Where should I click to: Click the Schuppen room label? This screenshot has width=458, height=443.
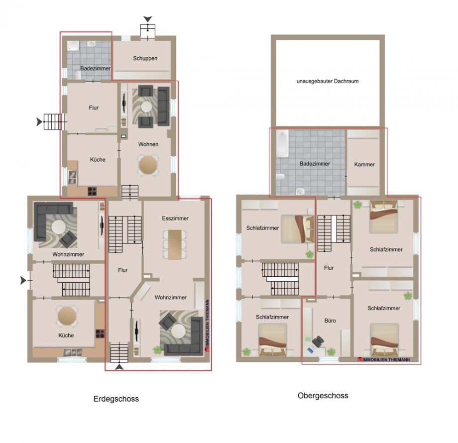coord(145,58)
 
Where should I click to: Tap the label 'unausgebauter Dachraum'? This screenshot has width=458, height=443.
coord(328,81)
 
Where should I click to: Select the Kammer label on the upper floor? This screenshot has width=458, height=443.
coord(364,164)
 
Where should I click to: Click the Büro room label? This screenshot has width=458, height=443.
coord(330,321)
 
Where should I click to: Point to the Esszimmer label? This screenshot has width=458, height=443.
coord(175,218)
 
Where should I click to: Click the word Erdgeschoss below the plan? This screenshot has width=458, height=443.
coord(116,399)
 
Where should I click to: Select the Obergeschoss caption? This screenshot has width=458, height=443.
coord(323,396)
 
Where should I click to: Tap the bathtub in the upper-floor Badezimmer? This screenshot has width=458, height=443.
coord(282,144)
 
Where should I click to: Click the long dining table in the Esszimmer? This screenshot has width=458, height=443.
coord(175,244)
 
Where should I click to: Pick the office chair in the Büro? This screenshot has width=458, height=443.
coord(318,341)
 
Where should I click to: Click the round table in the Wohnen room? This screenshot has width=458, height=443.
coord(148,165)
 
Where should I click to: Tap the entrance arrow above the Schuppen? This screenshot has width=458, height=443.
coord(148,19)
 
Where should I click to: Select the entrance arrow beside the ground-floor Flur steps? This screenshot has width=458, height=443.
coord(39,122)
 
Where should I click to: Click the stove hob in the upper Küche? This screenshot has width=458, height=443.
coord(92,191)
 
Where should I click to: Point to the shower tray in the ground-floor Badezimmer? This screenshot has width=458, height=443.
coord(73,47)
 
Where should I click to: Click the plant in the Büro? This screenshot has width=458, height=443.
coord(331,351)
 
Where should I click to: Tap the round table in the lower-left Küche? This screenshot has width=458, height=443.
coord(67,316)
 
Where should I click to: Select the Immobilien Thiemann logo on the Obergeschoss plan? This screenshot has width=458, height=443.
coord(384,359)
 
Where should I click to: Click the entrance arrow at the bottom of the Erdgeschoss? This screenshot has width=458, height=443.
coord(119,367)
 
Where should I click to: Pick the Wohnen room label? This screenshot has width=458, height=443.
coord(148,144)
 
